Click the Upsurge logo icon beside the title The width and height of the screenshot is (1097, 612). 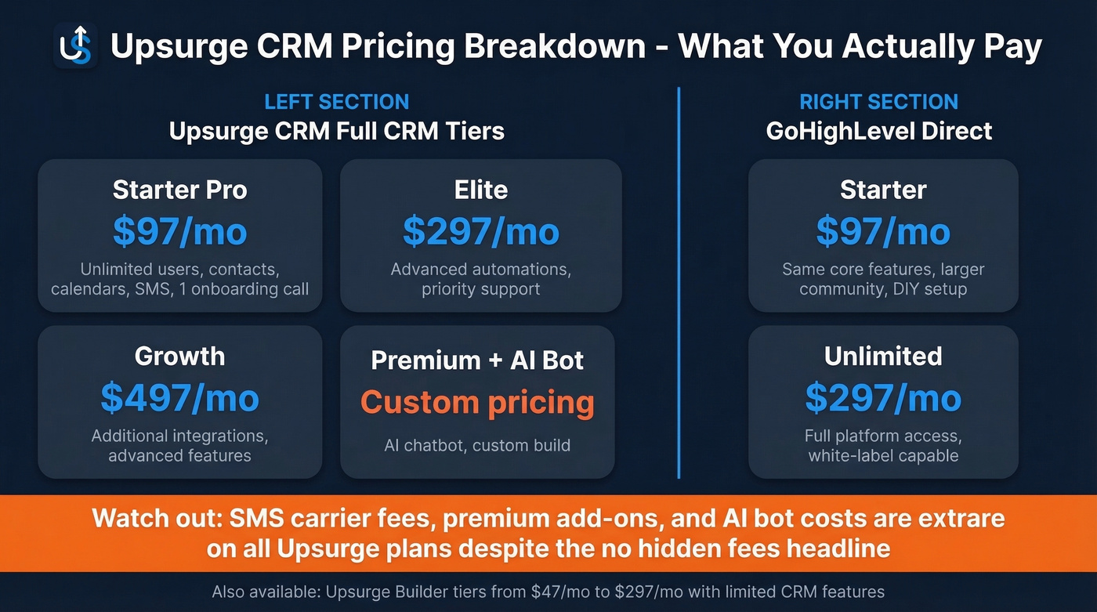[x=76, y=45]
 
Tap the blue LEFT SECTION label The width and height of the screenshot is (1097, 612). [x=336, y=102]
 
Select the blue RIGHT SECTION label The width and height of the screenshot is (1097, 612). [x=878, y=102]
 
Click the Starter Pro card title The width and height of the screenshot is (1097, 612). [x=179, y=190]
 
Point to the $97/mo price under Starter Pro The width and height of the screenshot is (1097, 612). [x=179, y=232]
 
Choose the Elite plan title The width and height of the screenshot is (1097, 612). [x=480, y=190]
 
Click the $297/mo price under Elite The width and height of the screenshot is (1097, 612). [x=480, y=232]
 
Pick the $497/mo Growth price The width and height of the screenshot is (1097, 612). [x=179, y=398]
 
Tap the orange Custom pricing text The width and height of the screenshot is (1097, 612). [x=477, y=403]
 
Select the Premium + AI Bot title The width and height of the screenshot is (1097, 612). [x=477, y=360]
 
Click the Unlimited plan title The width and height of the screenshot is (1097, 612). [x=883, y=357]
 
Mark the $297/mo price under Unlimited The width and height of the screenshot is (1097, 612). [x=883, y=398]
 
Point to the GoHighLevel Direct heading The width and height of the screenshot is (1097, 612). [x=878, y=130]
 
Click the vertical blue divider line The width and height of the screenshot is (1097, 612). [x=679, y=282]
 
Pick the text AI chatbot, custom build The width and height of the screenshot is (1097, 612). [x=477, y=446]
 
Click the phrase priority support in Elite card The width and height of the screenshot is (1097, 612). [x=480, y=289]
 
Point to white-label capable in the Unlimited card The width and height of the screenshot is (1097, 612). [x=883, y=455]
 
